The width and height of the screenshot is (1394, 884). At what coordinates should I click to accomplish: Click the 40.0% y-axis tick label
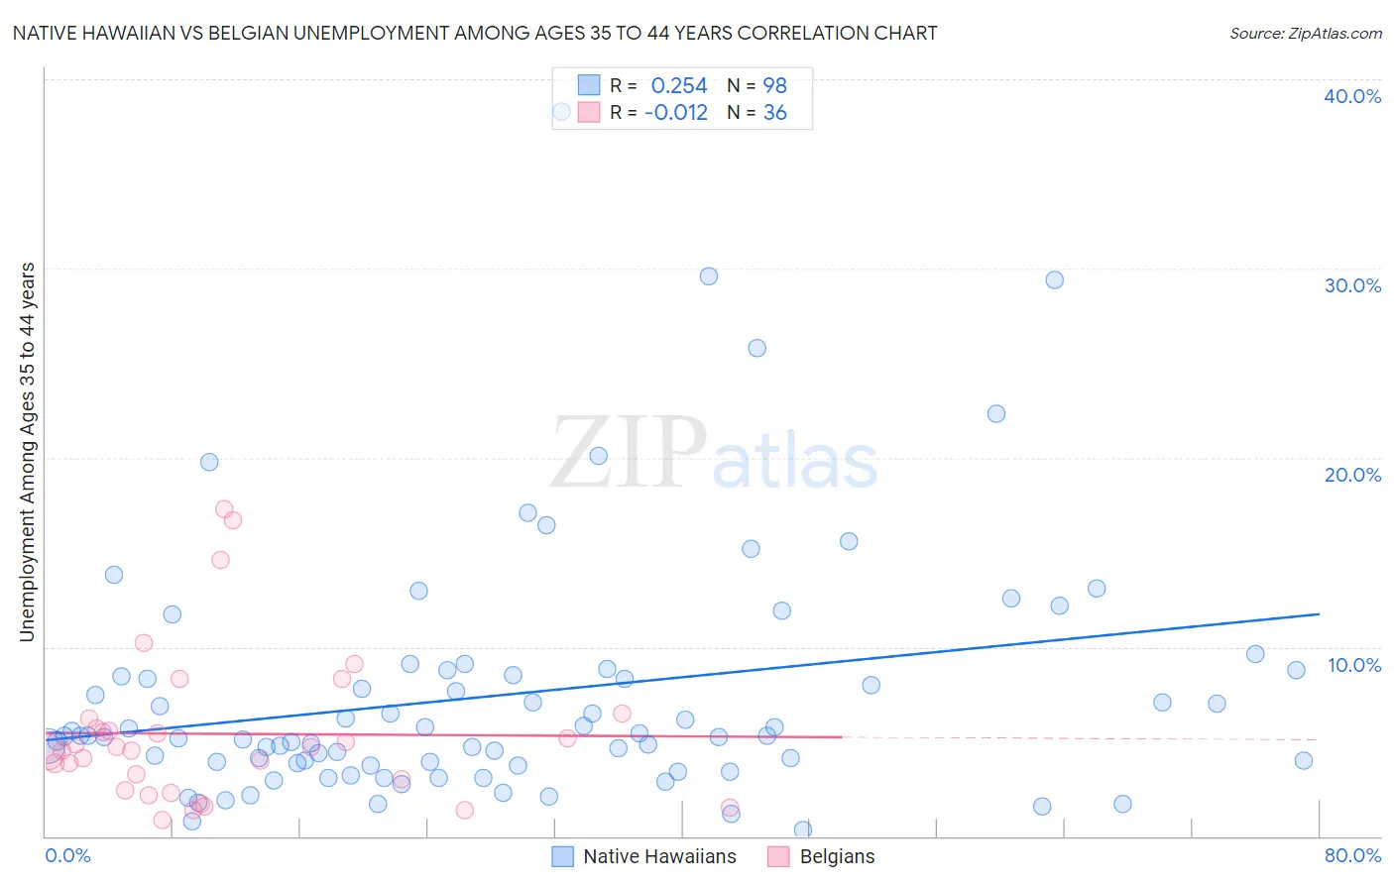pyautogui.click(x=1352, y=96)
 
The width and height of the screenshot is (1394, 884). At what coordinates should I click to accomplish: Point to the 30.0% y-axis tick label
pyautogui.click(x=1352, y=285)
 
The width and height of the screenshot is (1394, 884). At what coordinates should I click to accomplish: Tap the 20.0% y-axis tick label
pyautogui.click(x=1352, y=475)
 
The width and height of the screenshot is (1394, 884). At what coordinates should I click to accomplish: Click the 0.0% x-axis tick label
pyautogui.click(x=67, y=855)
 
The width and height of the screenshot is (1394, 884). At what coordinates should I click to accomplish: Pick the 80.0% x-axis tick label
pyautogui.click(x=1352, y=855)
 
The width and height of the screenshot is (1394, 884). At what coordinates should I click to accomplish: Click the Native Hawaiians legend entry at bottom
pyautogui.click(x=658, y=856)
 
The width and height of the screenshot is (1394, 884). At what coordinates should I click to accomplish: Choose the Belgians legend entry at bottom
pyautogui.click(x=836, y=856)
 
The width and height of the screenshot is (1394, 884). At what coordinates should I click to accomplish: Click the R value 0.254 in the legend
pyautogui.click(x=679, y=86)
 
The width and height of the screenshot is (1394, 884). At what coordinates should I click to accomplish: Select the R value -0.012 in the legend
pyautogui.click(x=676, y=113)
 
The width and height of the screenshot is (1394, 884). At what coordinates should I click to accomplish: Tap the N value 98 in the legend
pyautogui.click(x=774, y=86)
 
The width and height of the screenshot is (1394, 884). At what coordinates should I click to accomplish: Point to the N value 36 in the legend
pyautogui.click(x=774, y=113)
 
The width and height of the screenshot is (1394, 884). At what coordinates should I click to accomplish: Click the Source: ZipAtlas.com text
pyautogui.click(x=1305, y=34)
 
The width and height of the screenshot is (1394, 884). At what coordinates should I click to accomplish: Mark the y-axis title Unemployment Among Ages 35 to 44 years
pyautogui.click(x=27, y=452)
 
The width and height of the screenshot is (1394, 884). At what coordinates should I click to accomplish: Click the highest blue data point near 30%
pyautogui.click(x=708, y=276)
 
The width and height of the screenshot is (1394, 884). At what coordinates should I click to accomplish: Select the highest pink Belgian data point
pyautogui.click(x=224, y=509)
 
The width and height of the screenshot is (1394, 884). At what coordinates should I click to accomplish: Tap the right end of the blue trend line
pyautogui.click(x=1319, y=614)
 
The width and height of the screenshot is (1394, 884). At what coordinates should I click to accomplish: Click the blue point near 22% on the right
pyautogui.click(x=996, y=413)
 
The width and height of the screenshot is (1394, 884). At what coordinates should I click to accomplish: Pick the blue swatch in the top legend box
pyautogui.click(x=589, y=86)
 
